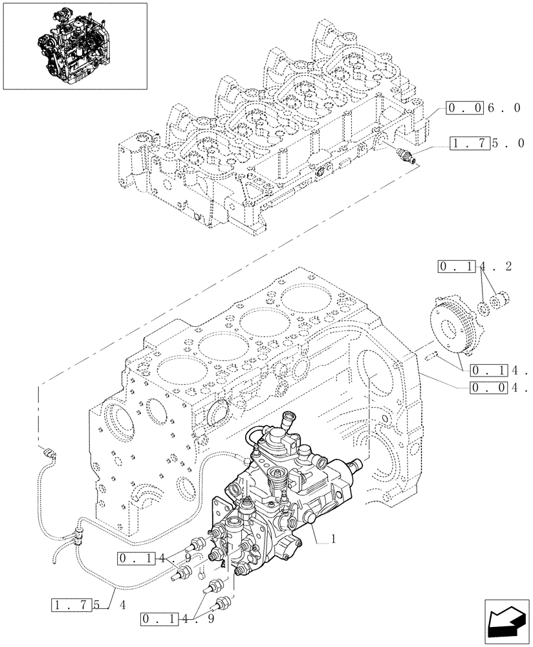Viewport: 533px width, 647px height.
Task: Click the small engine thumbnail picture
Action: point(74,46)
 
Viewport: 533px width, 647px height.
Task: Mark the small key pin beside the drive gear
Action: point(433,353)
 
